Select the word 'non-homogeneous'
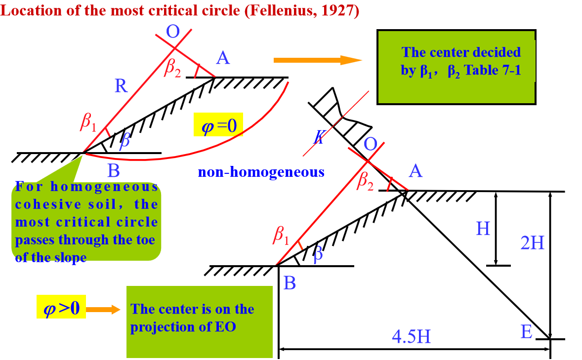coord(261,172)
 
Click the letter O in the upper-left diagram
coord(173,32)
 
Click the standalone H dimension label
coord(483,229)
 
